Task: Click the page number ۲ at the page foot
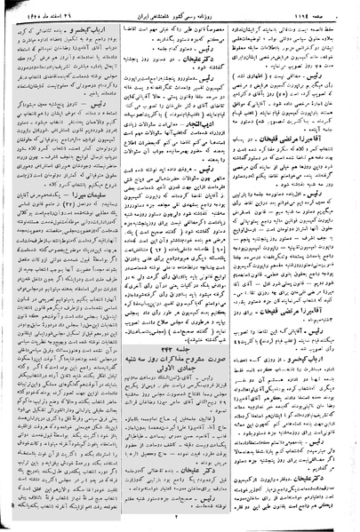point(180,514)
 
